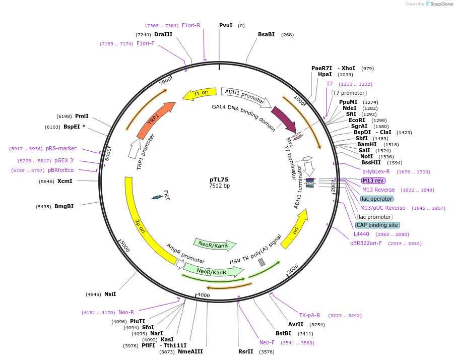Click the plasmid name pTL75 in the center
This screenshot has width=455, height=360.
pos(219,179)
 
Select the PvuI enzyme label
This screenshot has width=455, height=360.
pos(226,25)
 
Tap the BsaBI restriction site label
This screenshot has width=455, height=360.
pos(266,34)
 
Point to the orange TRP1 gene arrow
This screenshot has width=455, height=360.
pos(155,121)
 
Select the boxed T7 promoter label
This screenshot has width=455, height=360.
pos(349,93)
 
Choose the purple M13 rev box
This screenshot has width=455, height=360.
pos(373,181)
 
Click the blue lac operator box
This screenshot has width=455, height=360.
pos(377,199)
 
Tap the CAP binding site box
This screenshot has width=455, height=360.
pos(377,225)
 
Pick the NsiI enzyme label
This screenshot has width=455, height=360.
pos(110,294)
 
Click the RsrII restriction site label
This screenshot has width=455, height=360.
pos(245,351)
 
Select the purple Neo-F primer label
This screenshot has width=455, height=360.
pos(267,342)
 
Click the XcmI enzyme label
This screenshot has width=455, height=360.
pos(64,181)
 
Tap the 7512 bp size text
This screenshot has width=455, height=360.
pos(219,186)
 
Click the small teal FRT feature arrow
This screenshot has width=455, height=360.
pos(157,197)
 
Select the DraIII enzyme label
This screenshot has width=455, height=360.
pos(163,34)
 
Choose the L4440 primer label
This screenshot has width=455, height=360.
pos(361,234)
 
